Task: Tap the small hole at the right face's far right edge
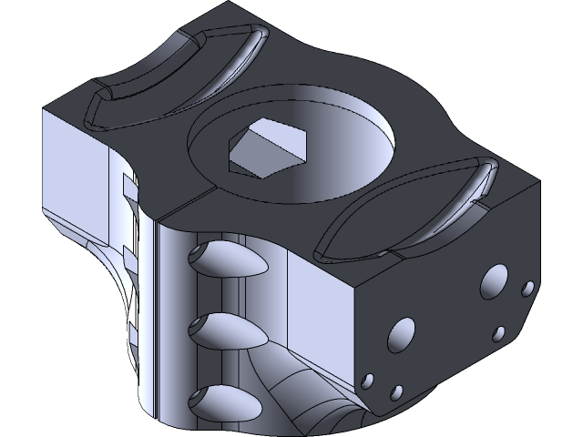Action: pos(527,290)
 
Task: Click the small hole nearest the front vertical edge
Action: pos(369,380)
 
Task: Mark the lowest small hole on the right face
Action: pos(396,392)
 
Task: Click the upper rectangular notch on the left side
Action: pos(128,187)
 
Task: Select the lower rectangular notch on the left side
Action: pos(128,255)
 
